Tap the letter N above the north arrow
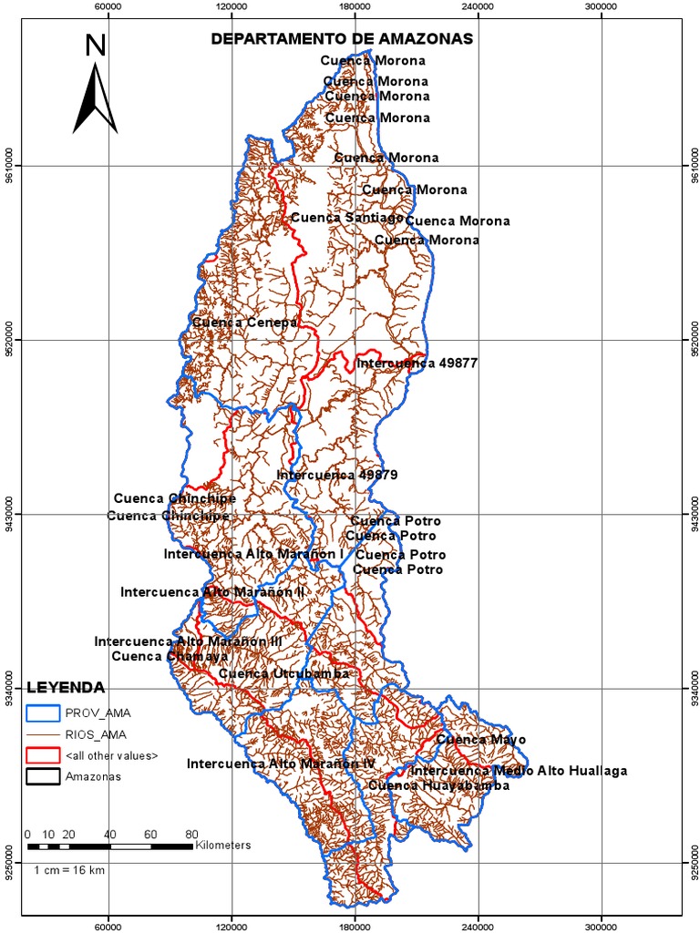coord(95,46)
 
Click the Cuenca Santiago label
coord(347,218)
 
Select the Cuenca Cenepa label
coord(244,323)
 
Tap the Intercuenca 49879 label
coord(337,476)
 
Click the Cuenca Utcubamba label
coord(284,673)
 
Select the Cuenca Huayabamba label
coord(438,785)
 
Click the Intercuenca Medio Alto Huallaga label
coord(519,771)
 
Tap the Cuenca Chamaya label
coord(157,656)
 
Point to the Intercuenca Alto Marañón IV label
coord(282,764)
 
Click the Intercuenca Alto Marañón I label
coord(253,554)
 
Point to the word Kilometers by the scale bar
coord(223,846)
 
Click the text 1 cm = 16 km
coord(70,870)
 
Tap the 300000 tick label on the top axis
coord(601,5)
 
